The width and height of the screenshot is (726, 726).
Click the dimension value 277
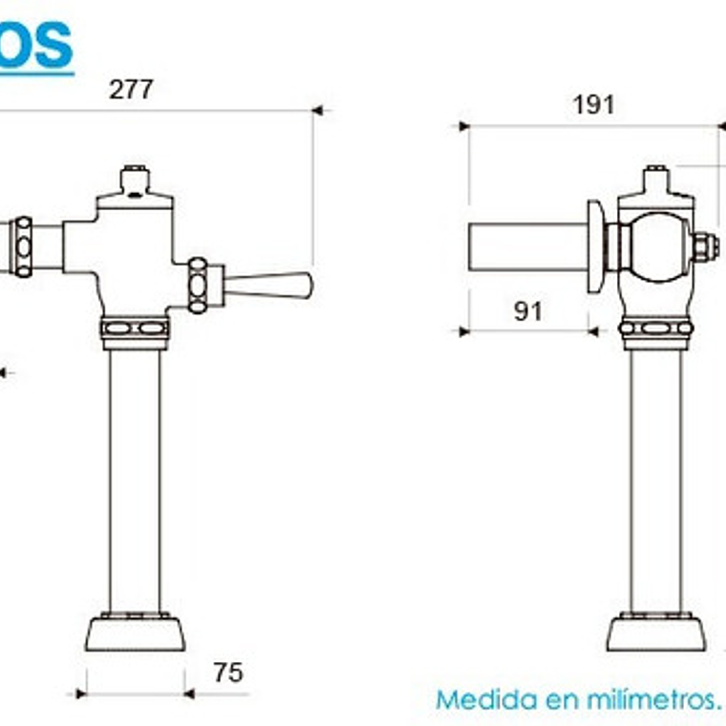[x=131, y=89]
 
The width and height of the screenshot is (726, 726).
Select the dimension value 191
[x=593, y=104]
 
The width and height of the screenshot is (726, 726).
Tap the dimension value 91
[x=527, y=310]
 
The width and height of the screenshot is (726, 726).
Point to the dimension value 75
[x=227, y=673]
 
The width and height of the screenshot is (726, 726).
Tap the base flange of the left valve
[x=135, y=632]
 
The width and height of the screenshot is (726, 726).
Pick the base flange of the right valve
[x=656, y=632]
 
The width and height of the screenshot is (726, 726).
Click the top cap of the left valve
[x=135, y=180]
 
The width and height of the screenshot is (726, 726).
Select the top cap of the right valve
[x=655, y=180]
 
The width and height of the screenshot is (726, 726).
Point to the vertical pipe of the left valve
[x=135, y=478]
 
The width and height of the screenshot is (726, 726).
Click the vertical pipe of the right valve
[x=656, y=478]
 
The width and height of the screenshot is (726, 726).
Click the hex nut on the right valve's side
[x=705, y=247]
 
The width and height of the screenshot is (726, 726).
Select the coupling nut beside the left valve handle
[x=199, y=285]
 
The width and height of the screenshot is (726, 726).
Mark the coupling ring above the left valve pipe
[x=135, y=329]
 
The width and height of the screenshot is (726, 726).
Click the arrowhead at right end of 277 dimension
[x=319, y=111]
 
